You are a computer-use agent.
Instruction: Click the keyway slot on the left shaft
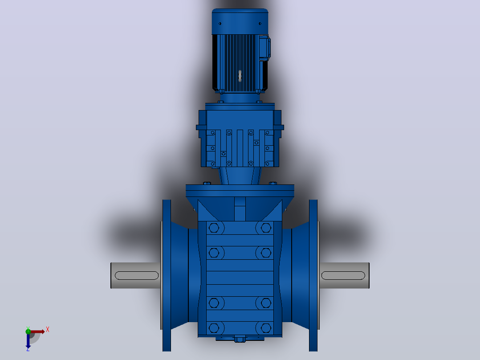pos(137,275)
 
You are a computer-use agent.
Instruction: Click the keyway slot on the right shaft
pos(343,275)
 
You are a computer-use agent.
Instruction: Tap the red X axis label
pos(48,330)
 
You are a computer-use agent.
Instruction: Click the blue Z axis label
pos(28,349)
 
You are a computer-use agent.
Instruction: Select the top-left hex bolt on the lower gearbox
pos(214,228)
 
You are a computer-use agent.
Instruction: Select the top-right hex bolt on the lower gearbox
pos(266,228)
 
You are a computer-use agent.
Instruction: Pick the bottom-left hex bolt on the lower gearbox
pos(214,328)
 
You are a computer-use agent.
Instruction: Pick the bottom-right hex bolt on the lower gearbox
pos(266,328)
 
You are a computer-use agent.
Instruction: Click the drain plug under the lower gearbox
pos(240,340)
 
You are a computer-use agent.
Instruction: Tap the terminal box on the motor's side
pos(264,48)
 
